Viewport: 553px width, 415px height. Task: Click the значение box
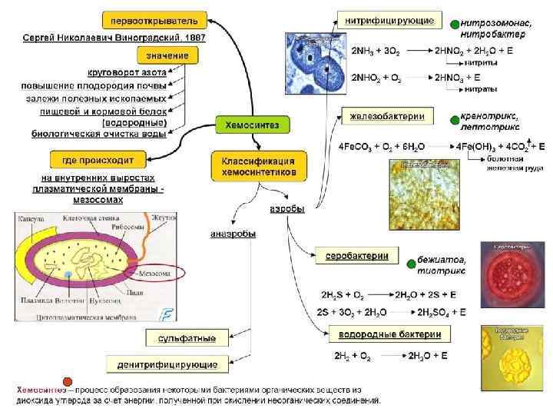tap(167, 55)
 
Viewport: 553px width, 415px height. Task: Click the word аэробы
tap(286, 208)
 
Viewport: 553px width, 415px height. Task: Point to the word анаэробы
tap(233, 234)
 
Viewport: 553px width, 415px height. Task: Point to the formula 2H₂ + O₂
tap(353, 357)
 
